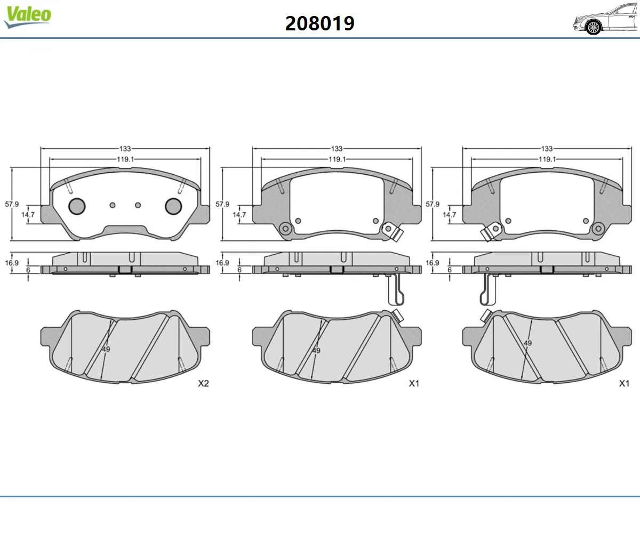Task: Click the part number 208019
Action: pos(319,23)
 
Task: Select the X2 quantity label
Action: pos(203,383)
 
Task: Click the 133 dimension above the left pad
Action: pos(125,149)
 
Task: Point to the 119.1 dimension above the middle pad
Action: pos(337,159)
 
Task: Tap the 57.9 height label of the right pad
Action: pos(433,204)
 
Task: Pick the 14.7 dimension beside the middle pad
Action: pos(239,215)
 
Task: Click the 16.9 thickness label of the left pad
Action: pos(12,263)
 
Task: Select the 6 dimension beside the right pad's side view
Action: pos(450,270)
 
